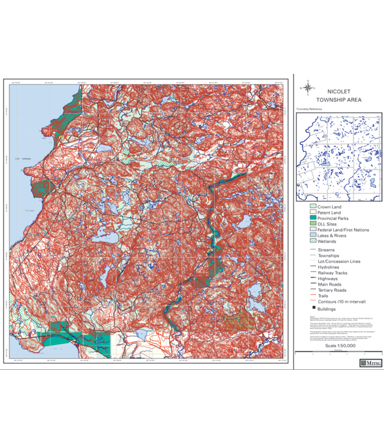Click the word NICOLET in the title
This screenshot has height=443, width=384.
tap(339, 92)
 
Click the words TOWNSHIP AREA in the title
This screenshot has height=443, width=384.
tap(339, 100)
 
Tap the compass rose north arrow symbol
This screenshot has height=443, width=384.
tap(307, 87)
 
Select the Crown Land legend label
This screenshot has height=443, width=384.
tap(329, 207)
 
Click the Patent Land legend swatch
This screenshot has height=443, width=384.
tap(313, 213)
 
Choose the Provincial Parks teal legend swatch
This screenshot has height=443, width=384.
tap(313, 219)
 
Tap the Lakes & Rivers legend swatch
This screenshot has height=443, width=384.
tap(313, 236)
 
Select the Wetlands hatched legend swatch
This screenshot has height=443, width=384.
tap(313, 241)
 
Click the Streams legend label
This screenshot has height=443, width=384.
tap(327, 250)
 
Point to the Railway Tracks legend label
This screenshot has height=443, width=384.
tap(333, 273)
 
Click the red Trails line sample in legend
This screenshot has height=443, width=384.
tap(313, 296)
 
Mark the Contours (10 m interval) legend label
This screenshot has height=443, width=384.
tap(340, 301)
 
